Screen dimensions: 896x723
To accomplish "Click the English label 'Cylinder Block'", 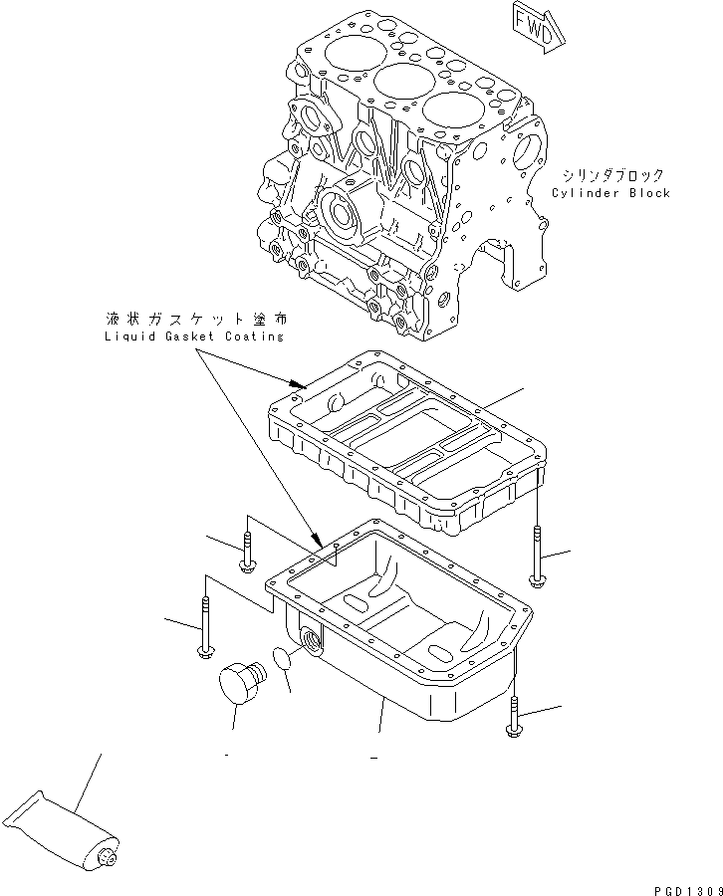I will click(610, 193).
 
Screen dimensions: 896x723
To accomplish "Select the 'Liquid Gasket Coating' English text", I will click(193, 336).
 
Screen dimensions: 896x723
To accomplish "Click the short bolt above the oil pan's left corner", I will click(247, 555).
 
